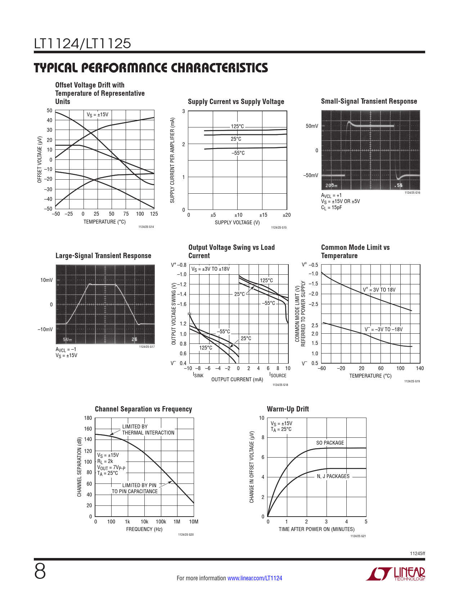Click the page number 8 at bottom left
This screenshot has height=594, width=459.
click(40, 571)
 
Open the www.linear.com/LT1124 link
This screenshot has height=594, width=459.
click(255, 578)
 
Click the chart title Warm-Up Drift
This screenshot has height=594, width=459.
click(288, 409)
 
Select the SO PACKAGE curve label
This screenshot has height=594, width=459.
click(330, 443)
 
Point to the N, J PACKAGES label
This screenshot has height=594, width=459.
click(333, 476)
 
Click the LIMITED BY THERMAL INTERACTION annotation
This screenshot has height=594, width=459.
click(148, 429)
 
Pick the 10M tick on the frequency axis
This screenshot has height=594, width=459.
click(194, 522)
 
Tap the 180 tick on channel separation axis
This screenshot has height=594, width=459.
click(88, 418)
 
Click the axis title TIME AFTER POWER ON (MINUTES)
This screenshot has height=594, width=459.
click(316, 529)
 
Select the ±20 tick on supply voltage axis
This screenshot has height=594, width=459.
click(287, 215)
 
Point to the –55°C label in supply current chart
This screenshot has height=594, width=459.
click(238, 153)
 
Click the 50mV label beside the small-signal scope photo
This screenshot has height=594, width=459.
click(312, 126)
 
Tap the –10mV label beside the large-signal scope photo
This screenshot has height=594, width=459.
click(45, 329)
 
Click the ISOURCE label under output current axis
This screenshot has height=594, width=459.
click(278, 375)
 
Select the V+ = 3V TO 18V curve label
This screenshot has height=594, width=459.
click(379, 290)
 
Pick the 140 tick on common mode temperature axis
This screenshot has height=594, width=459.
click(420, 368)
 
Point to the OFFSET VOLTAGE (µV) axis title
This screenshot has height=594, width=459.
click(40, 159)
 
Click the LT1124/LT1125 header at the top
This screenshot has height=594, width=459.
click(82, 44)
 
